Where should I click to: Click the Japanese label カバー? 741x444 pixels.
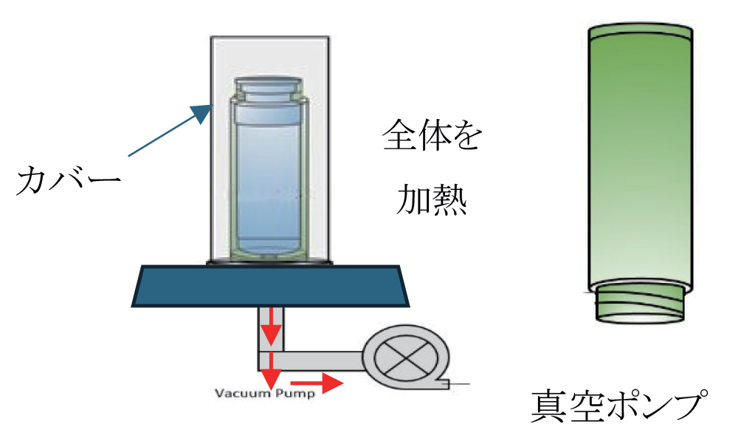coord(69,181)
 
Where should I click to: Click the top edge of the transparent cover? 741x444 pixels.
coord(269,37)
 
